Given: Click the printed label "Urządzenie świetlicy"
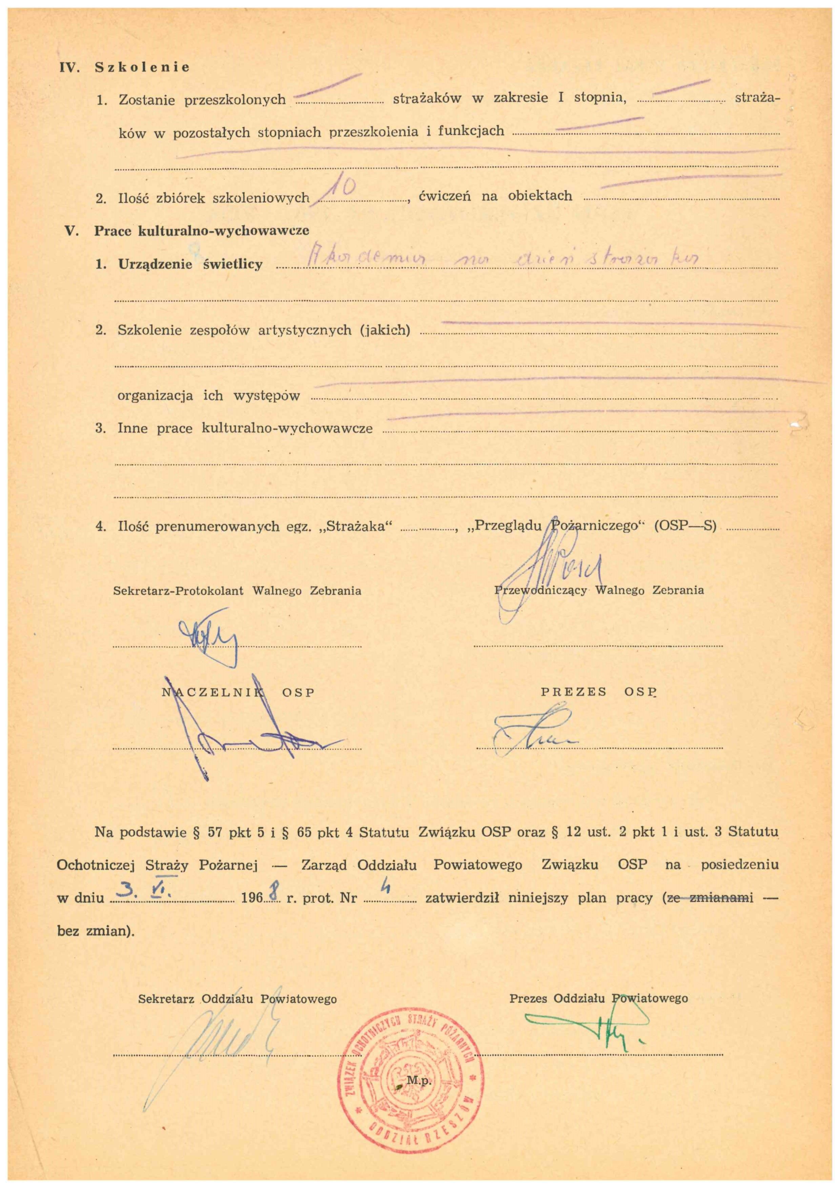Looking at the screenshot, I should click(x=190, y=264).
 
